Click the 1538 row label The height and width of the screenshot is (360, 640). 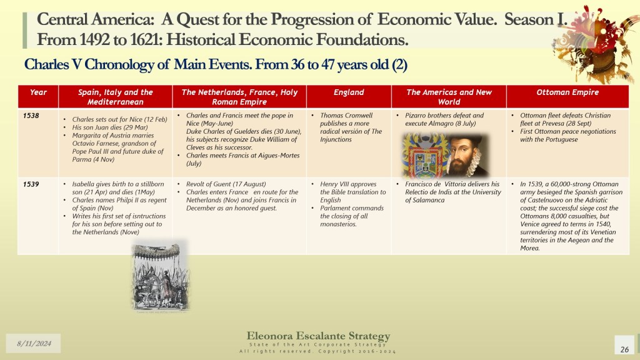click(31, 116)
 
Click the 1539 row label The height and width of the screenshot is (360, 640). click(31, 184)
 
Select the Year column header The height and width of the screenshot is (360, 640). click(38, 92)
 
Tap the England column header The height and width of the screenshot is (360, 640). click(349, 92)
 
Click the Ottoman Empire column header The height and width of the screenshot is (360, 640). click(567, 92)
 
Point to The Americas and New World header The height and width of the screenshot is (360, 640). click(449, 97)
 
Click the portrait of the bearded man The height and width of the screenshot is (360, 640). click(467, 155)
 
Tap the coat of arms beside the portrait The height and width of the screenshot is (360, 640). click(424, 156)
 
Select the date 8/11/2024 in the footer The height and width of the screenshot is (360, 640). click(34, 343)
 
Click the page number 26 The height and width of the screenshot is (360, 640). click(624, 349)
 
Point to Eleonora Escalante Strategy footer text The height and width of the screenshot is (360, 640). click(318, 336)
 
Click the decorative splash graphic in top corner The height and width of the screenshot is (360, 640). click(597, 43)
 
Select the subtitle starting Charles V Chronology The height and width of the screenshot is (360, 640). click(216, 64)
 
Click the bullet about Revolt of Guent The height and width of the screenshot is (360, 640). click(226, 184)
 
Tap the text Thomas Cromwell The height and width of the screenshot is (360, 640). click(346, 116)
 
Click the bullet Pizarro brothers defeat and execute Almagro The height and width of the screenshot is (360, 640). click(444, 119)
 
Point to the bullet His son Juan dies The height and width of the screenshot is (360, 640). click(110, 127)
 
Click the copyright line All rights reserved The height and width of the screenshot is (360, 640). click(317, 351)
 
